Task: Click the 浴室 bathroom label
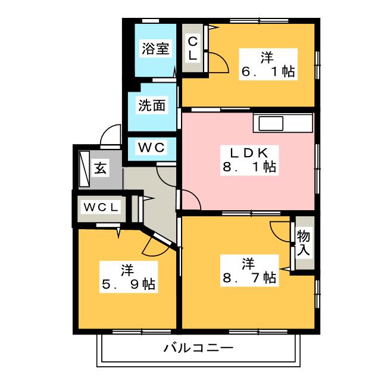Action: click(x=155, y=49)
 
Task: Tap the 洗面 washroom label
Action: click(x=152, y=105)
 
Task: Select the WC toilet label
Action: click(x=152, y=147)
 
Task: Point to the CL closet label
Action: click(x=192, y=48)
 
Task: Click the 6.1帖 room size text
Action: click(x=268, y=71)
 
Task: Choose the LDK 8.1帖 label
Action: click(x=249, y=160)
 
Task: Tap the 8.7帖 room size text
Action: click(x=249, y=277)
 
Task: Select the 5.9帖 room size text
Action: click(x=129, y=284)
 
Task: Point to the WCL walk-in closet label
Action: click(x=101, y=207)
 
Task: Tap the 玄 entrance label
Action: click(x=101, y=168)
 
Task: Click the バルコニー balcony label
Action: click(x=198, y=348)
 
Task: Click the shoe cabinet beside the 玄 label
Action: click(x=85, y=169)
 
